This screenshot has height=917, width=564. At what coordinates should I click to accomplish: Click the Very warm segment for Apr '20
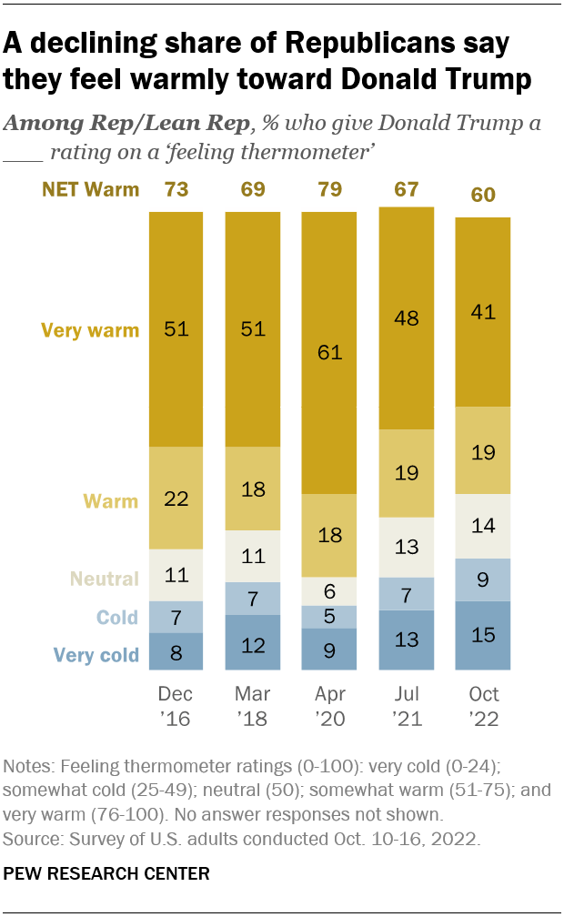point(328,353)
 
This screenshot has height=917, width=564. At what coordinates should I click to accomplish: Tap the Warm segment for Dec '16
point(175,498)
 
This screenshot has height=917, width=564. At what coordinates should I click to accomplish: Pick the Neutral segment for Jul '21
point(406,547)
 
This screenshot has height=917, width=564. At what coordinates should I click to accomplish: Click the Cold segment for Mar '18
point(252,599)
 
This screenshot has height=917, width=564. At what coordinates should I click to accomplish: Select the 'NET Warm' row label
point(90,189)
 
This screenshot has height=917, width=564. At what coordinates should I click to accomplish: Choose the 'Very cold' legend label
point(96,654)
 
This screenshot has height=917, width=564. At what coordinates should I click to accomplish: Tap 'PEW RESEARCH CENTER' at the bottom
point(107,874)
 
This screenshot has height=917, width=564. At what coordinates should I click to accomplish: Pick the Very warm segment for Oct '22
point(482,312)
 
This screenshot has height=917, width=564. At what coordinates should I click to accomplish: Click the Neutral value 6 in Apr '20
point(328,590)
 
